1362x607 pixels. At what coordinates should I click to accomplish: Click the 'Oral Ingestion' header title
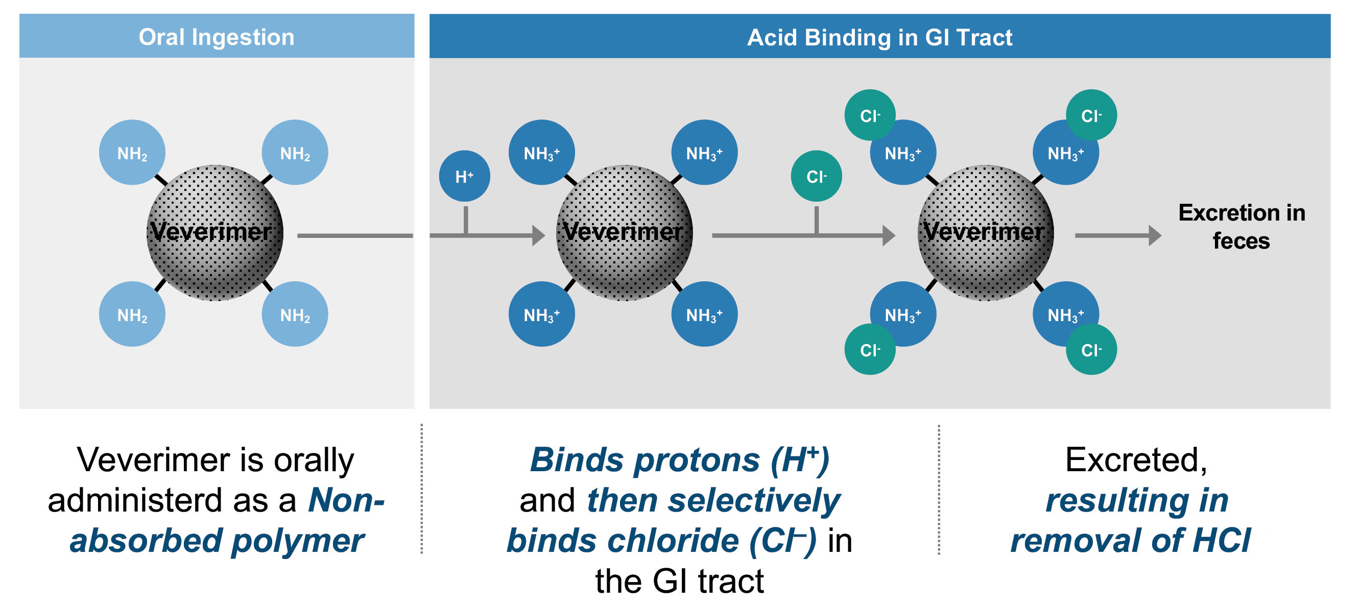(x=216, y=37)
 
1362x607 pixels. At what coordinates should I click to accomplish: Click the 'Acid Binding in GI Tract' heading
(x=879, y=37)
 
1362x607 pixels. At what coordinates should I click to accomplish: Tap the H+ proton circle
(x=464, y=176)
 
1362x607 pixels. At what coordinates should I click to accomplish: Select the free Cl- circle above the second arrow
(x=816, y=176)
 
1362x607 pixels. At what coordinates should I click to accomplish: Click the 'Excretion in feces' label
(x=1241, y=226)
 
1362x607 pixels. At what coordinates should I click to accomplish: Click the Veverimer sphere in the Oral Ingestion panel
(x=214, y=233)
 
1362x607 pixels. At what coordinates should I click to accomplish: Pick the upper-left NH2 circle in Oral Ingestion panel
(x=132, y=153)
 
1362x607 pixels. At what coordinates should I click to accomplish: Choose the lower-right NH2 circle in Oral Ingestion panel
(x=295, y=314)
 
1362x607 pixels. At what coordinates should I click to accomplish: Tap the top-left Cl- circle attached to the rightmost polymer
(x=869, y=115)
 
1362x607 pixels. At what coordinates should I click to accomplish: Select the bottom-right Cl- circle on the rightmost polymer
(x=1091, y=350)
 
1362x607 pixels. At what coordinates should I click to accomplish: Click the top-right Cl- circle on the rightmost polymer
(x=1091, y=115)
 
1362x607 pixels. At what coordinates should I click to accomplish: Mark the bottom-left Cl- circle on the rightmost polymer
(x=869, y=350)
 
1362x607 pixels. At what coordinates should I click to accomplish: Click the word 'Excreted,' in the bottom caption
(x=1136, y=460)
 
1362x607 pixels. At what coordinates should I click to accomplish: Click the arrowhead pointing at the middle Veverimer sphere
(x=538, y=235)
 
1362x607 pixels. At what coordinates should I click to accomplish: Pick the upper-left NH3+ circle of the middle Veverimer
(x=541, y=153)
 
